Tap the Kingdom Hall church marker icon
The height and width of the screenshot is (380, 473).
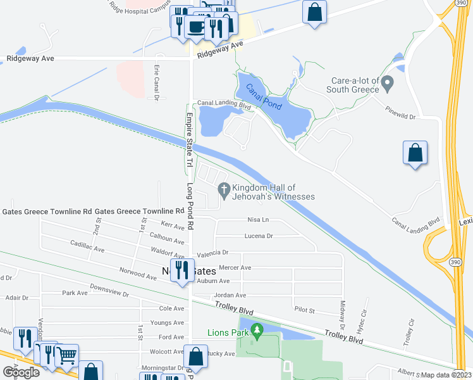(223, 189)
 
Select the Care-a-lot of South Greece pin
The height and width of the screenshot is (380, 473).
(388, 83)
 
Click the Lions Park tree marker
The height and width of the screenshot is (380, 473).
(257, 330)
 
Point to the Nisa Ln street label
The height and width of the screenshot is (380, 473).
(257, 220)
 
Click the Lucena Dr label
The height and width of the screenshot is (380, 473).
(258, 236)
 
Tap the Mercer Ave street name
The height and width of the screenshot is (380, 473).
(235, 268)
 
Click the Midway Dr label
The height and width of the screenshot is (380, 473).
(343, 310)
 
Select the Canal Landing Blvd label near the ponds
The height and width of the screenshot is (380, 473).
(224, 103)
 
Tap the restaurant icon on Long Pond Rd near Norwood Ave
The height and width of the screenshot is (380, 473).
(180, 270)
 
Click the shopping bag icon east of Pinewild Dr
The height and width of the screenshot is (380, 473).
(415, 153)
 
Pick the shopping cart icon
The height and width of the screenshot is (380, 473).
(67, 355)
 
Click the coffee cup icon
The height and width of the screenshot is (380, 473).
(196, 27)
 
